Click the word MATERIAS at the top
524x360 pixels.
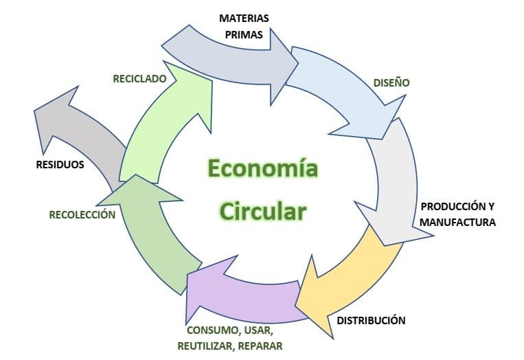click(244, 18)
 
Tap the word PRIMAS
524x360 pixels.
click(244, 34)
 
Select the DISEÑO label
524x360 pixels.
click(391, 82)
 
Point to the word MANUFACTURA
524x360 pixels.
click(457, 223)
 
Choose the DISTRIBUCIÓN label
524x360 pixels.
click(371, 320)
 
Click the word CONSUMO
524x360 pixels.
click(212, 330)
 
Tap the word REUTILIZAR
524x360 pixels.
click(206, 346)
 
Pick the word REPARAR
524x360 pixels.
click(261, 346)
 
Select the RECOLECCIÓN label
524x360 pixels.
click(82, 214)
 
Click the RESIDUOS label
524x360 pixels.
click(60, 164)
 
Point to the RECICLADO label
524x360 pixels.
click(139, 78)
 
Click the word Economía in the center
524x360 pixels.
click(263, 168)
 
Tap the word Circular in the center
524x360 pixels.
click(263, 211)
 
